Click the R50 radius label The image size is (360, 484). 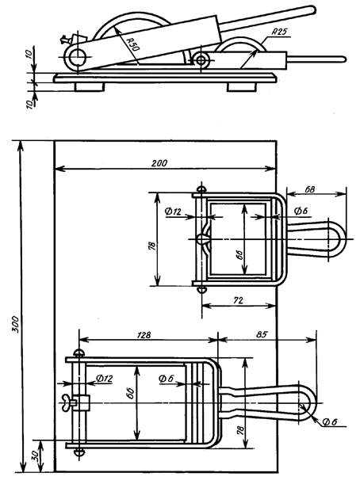[133, 44]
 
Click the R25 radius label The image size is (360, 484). [280, 32]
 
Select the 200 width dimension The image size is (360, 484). [159, 163]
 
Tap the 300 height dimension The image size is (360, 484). [15, 324]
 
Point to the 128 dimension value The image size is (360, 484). [144, 335]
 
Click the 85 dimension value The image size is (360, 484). [262, 334]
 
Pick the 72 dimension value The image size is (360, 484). [238, 300]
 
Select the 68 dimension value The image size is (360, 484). [309, 189]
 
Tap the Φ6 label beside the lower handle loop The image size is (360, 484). [330, 421]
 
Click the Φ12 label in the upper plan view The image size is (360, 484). [173, 212]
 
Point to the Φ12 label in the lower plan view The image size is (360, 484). [104, 378]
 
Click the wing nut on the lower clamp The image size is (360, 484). [67, 403]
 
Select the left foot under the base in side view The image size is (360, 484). [89, 86]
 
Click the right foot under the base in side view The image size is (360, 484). [241, 86]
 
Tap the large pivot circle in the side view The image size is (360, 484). [76, 57]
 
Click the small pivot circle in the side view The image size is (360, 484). [201, 59]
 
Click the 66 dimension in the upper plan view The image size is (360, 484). [241, 255]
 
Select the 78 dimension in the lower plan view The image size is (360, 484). [242, 429]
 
